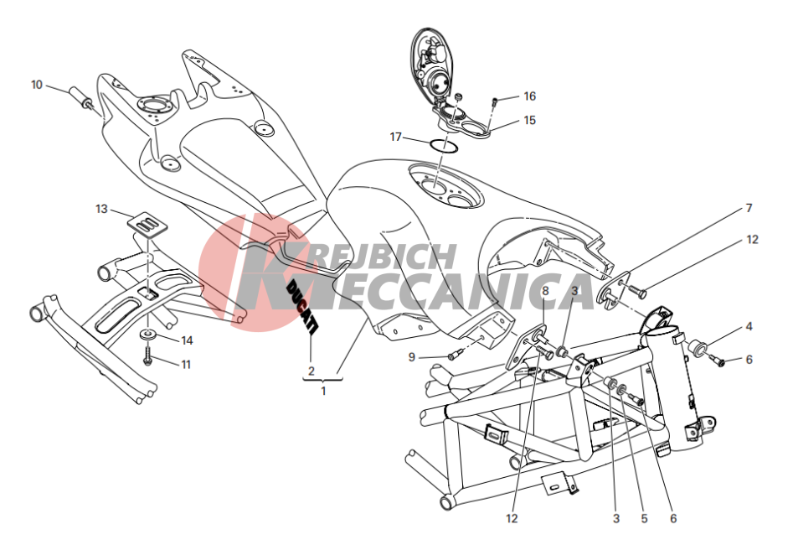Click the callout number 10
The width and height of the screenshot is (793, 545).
tap(37, 85)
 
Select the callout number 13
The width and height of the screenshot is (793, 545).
tap(101, 209)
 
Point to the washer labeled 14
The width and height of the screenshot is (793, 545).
tap(148, 335)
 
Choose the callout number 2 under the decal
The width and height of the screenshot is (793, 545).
tap(311, 371)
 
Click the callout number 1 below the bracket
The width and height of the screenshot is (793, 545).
tap(323, 391)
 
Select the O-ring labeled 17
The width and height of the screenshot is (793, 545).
tap(444, 146)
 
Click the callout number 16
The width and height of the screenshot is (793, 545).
tap(529, 96)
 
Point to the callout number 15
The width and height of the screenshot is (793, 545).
tap(529, 121)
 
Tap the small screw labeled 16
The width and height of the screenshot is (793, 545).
tap(495, 101)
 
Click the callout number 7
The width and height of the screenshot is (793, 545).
tap(749, 208)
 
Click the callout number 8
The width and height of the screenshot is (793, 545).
tap(545, 291)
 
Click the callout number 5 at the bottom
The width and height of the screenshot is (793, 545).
tap(644, 519)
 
